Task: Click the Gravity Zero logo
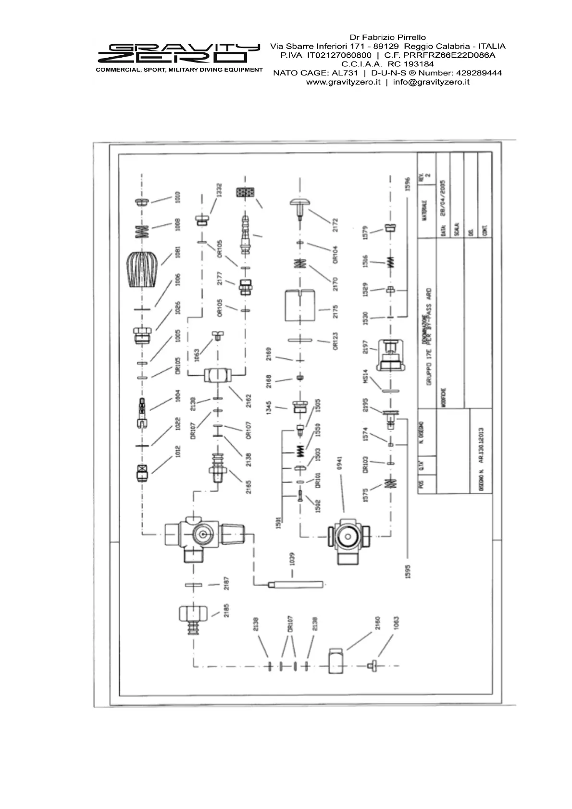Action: pyautogui.click(x=178, y=54)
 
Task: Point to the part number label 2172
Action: pyautogui.click(x=335, y=224)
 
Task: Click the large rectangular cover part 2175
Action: pyautogui.click(x=300, y=306)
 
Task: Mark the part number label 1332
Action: pyautogui.click(x=219, y=190)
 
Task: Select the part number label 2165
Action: pyautogui.click(x=249, y=486)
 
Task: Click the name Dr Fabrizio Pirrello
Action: pyautogui.click(x=387, y=37)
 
